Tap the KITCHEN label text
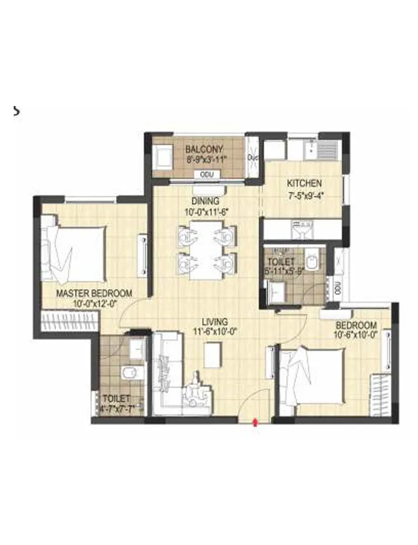(304, 184)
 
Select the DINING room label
(205, 201)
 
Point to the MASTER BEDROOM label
(94, 293)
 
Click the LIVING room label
(214, 321)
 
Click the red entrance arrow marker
(256, 422)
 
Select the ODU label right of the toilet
(338, 288)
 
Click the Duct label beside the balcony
(253, 157)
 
